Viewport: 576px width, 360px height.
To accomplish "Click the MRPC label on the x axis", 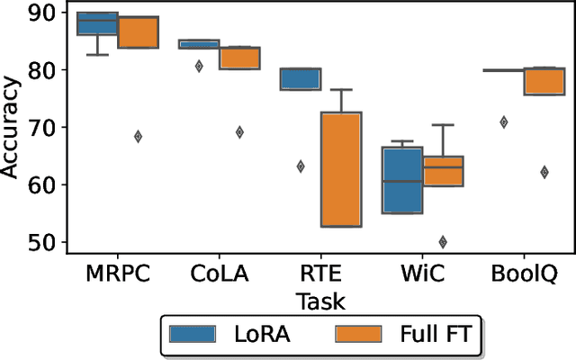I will point(117,273).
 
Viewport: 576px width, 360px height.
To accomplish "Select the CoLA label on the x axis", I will point(219,273).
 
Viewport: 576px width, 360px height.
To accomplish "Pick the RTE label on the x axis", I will point(320,273).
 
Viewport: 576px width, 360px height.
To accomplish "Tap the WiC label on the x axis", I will point(422,273).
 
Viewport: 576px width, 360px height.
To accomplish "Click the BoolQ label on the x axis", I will point(524,273).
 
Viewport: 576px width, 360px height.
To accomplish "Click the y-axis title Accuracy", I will point(13,129).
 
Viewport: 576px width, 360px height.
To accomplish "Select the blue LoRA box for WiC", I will point(402,180).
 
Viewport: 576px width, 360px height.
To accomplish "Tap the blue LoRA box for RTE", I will point(301,79).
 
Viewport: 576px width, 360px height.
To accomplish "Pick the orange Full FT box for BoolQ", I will point(544,80).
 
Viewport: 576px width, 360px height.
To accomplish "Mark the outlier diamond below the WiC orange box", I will point(443,241).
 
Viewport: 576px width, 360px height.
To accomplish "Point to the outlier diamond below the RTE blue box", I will point(301,166).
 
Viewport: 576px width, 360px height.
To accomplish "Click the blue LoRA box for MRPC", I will point(97,23).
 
